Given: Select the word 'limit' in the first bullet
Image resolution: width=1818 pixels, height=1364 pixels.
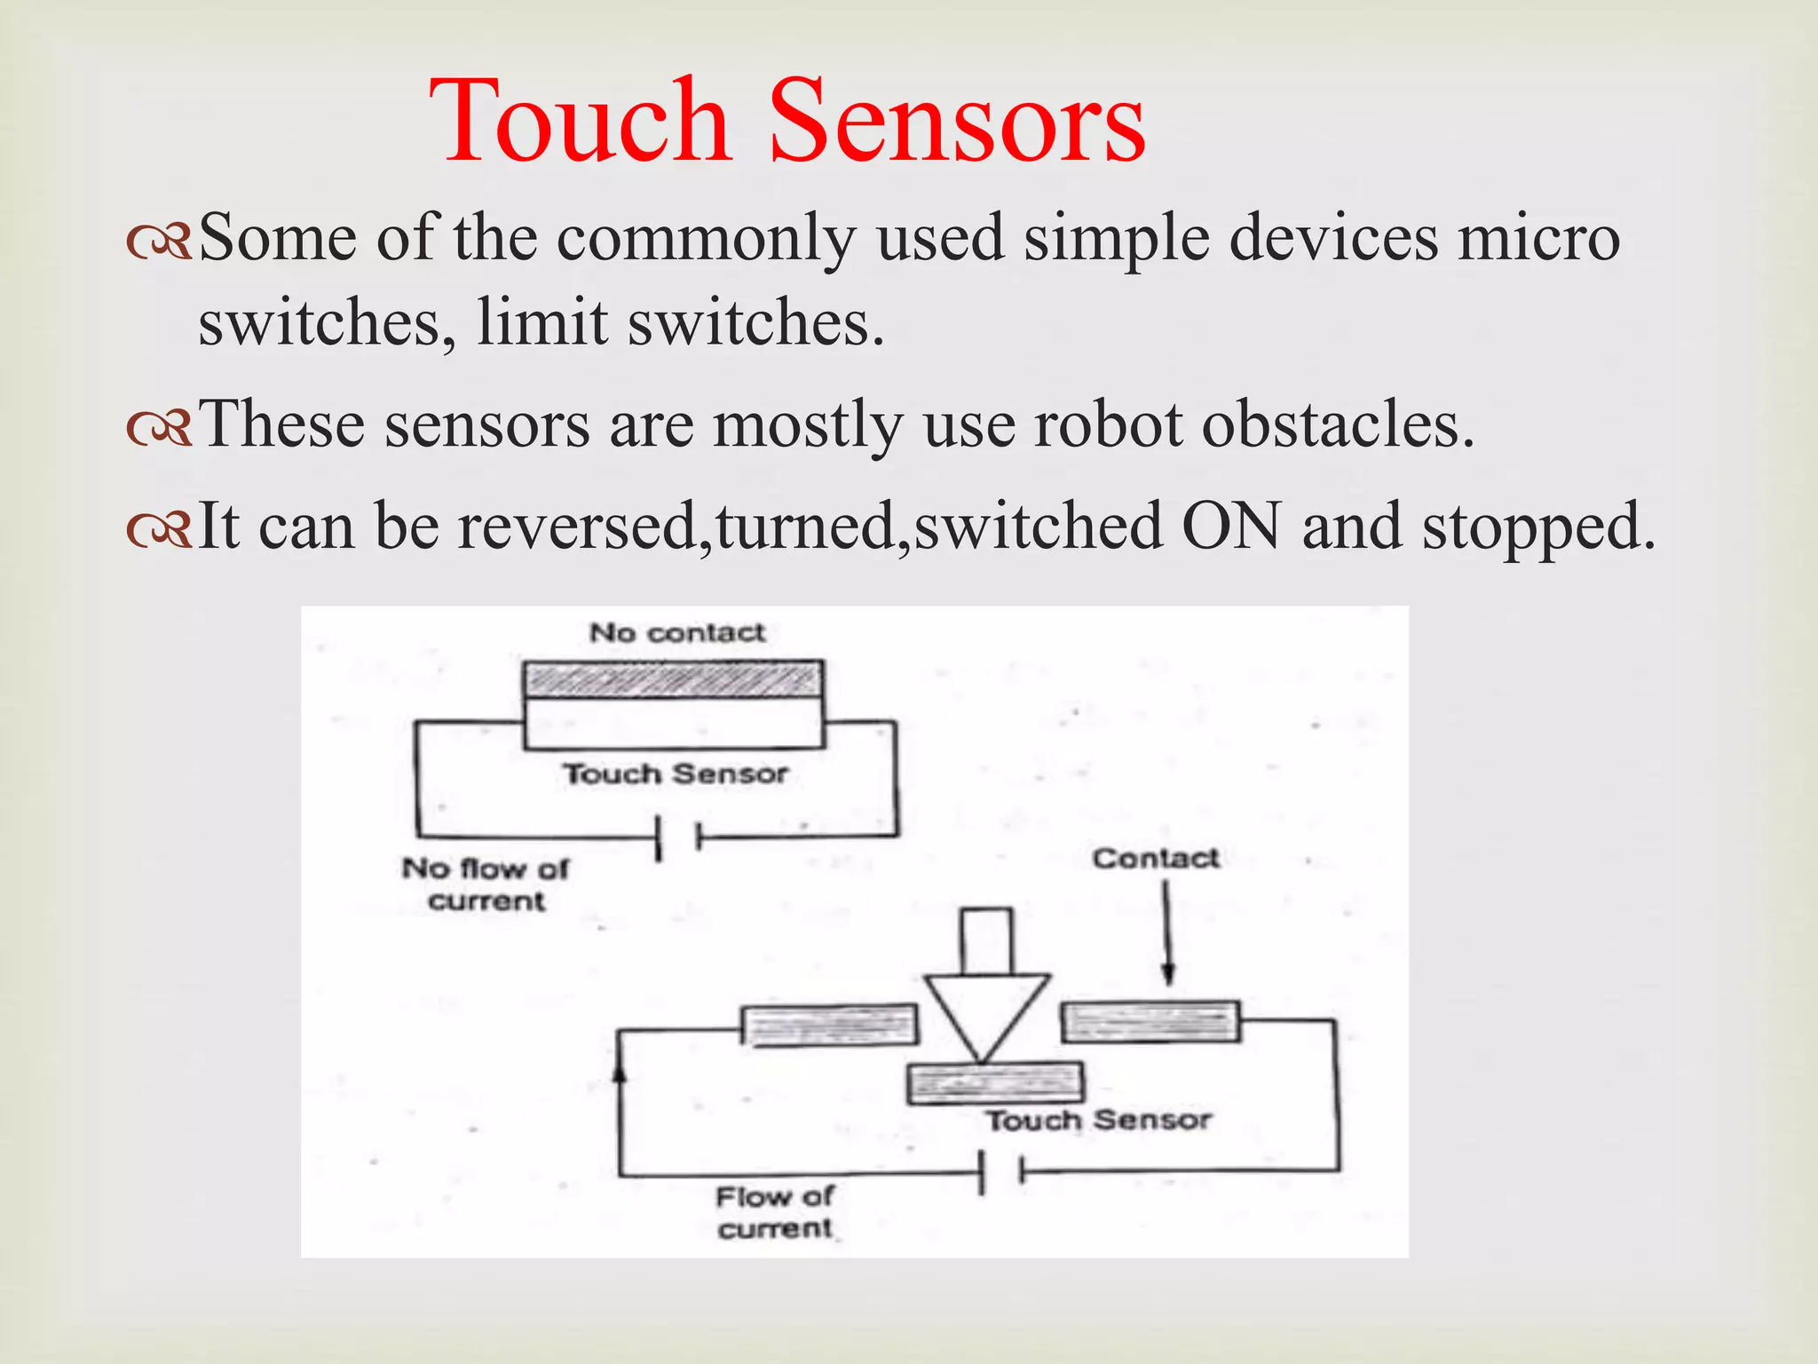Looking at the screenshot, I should [x=542, y=321].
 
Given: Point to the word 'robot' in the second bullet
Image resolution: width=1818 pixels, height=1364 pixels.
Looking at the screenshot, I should [x=1108, y=424].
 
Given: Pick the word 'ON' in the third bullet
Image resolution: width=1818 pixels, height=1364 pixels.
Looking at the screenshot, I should [x=1231, y=526].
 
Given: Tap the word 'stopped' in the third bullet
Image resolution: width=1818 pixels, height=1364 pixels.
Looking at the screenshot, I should [x=1539, y=526].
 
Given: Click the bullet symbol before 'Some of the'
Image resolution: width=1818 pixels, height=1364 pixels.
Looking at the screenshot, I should [x=159, y=242].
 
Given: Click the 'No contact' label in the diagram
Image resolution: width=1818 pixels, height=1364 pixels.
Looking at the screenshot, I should [x=677, y=632].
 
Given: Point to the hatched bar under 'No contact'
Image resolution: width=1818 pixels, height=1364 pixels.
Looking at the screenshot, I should [x=673, y=680].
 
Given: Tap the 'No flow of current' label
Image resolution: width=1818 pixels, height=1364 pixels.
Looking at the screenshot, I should [x=486, y=884].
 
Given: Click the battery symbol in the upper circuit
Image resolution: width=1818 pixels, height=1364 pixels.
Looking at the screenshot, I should [x=678, y=837].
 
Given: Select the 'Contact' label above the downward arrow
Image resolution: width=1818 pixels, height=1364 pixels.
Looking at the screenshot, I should [x=1156, y=858].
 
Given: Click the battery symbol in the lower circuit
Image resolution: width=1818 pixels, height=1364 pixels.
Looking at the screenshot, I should [x=1001, y=1172].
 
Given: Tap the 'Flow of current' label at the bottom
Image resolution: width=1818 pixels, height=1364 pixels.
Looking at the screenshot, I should [x=774, y=1213].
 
